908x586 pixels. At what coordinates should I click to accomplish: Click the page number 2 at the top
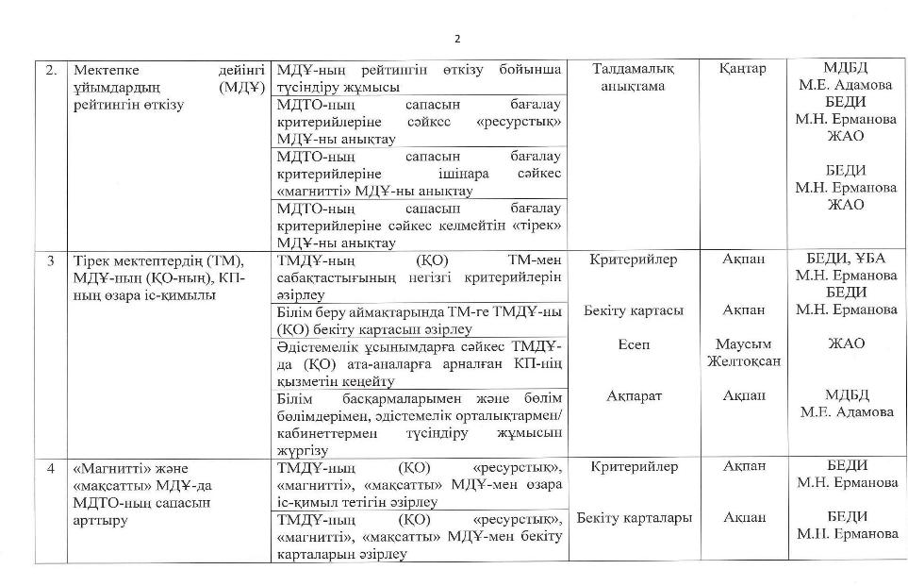[457, 39]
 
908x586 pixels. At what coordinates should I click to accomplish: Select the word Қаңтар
[742, 69]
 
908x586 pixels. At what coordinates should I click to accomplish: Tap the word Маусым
[743, 344]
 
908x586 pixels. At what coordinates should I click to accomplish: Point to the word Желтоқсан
[743, 361]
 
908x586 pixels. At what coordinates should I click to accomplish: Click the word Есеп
[634, 344]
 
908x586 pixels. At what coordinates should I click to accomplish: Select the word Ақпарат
[634, 396]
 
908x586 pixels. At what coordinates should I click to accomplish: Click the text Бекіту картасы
[634, 310]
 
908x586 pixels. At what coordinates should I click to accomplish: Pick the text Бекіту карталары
[634, 518]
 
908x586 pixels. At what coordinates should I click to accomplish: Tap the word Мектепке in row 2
[105, 70]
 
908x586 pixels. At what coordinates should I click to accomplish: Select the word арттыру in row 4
[99, 520]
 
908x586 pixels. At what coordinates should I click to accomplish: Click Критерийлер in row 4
[634, 466]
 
